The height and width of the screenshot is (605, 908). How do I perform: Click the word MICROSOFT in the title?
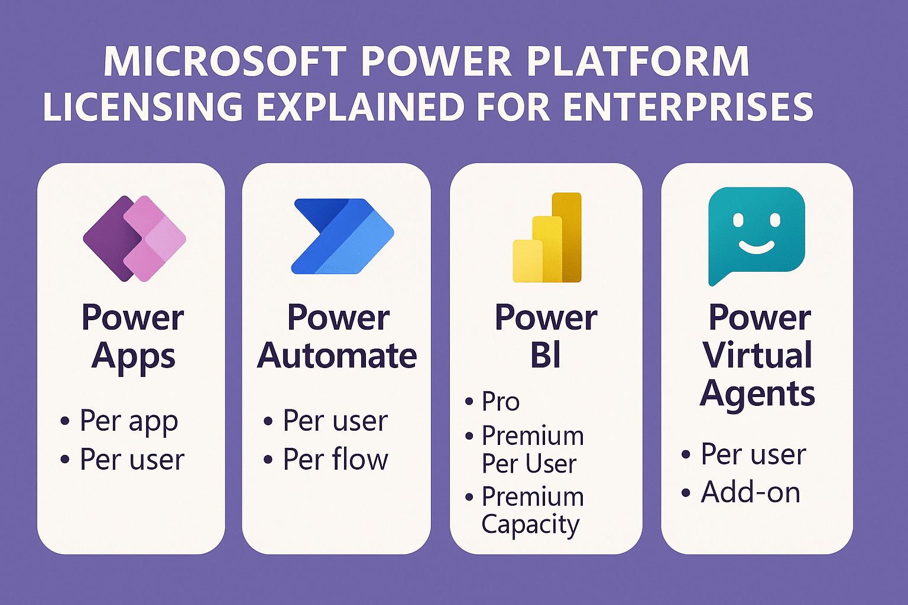[x=225, y=61]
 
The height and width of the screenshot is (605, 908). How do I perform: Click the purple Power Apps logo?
[x=135, y=239]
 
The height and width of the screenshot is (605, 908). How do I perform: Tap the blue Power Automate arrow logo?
[x=343, y=236]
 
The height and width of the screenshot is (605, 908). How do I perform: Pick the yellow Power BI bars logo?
[x=547, y=238]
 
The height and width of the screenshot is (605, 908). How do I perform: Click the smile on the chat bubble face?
[x=757, y=246]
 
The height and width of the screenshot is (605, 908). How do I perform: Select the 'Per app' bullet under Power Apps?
[x=128, y=421]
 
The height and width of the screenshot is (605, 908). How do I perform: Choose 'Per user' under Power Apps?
[x=132, y=460]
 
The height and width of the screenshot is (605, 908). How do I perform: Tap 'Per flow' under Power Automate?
[x=335, y=460]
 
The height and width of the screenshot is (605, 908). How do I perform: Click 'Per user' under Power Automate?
[x=335, y=421]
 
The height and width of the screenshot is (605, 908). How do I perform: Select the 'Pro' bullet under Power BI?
[x=500, y=402]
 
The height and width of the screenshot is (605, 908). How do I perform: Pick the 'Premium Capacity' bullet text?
[x=532, y=510]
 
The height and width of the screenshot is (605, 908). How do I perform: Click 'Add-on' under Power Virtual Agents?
[x=750, y=492]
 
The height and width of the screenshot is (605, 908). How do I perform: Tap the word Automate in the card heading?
[x=337, y=356]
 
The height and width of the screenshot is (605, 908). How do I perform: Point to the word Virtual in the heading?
[x=757, y=356]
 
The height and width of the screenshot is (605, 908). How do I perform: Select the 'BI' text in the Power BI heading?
[x=545, y=356]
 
